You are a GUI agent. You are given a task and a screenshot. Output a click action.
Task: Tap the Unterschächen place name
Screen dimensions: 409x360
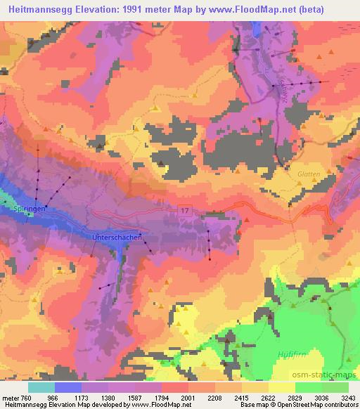117,238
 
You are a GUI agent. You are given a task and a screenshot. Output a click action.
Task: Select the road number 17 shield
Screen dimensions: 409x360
184,210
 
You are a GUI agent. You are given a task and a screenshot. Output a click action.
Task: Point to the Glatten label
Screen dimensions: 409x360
309,174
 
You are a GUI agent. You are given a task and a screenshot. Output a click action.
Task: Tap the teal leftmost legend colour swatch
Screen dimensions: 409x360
41,387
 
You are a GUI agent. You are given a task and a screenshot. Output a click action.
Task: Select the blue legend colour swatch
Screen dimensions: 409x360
68,387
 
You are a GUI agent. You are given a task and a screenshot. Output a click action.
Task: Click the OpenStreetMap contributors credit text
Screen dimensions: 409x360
319,405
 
